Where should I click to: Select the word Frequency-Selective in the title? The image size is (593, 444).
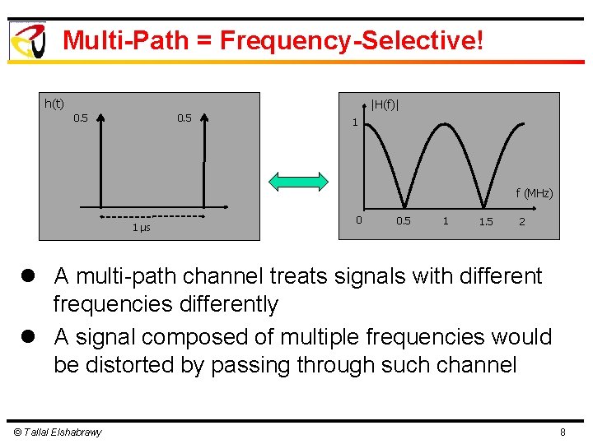click(348, 40)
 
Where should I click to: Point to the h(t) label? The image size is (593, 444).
click(54, 103)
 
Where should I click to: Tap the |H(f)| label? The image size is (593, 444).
click(385, 104)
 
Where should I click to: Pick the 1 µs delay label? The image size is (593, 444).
click(141, 227)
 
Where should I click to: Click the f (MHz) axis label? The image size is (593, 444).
click(535, 193)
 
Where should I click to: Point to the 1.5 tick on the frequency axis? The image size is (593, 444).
click(486, 222)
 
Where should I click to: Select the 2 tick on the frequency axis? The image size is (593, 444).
click(521, 221)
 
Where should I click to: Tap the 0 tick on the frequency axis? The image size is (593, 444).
click(358, 220)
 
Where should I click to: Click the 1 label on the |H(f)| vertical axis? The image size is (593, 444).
click(354, 123)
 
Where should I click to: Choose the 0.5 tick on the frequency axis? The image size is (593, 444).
click(404, 221)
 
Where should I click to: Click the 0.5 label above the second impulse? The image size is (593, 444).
click(184, 118)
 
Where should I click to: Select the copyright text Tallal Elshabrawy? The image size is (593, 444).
click(57, 432)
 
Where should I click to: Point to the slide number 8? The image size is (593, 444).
click(563, 432)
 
